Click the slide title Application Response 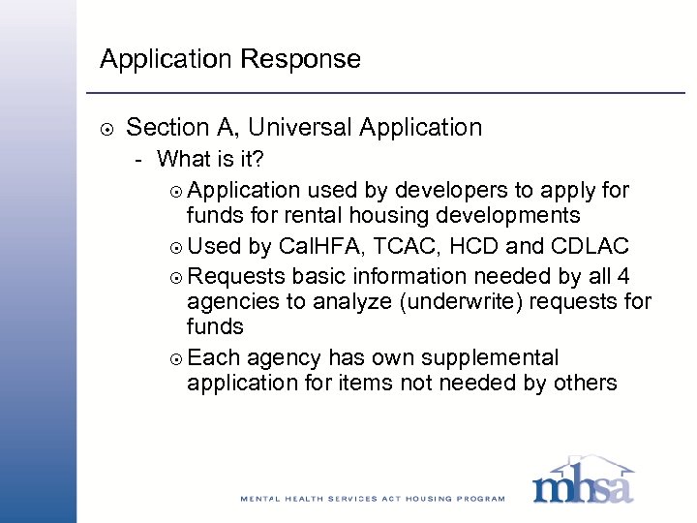click(230, 59)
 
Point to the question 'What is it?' click(211, 158)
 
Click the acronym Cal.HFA click(312, 245)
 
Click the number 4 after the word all click(623, 273)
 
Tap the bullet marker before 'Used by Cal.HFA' click(174, 246)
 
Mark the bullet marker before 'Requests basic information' click(174, 274)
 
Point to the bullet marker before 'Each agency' click(174, 358)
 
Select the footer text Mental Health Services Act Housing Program click(373, 499)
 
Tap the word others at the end click(584, 384)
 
